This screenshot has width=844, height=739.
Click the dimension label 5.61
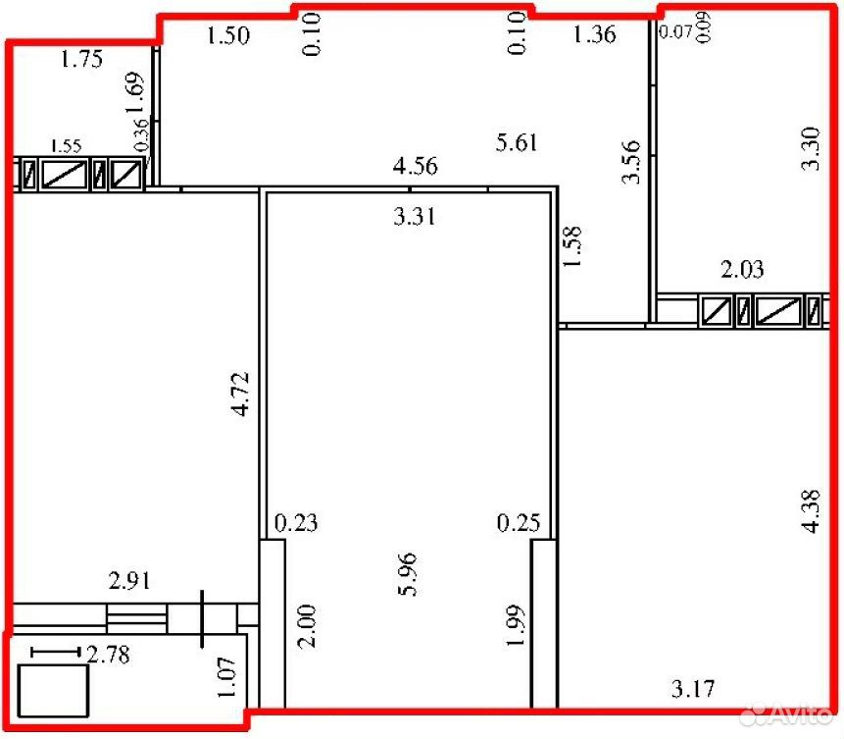coord(517,143)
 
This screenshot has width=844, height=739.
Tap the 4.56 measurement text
coord(415,166)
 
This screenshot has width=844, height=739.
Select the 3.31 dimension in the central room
coord(414,217)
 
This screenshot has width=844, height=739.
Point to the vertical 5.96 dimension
coord(408,574)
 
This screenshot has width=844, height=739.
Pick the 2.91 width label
coord(129,581)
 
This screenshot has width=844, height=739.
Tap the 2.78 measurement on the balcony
coord(108,655)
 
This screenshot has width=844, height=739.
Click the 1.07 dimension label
coord(226,676)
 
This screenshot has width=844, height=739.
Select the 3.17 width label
coord(693,689)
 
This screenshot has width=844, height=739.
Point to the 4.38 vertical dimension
coord(811,511)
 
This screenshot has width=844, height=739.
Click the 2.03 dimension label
coord(742,269)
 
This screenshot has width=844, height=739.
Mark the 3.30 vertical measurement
coord(810,149)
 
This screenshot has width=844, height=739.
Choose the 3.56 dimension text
coord(631,162)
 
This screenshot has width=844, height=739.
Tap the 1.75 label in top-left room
coord(81,59)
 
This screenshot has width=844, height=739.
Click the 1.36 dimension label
coord(594,35)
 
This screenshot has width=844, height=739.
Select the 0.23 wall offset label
coord(296,523)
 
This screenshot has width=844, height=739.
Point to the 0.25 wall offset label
coord(519,523)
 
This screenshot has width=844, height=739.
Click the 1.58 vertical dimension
coord(572,245)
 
